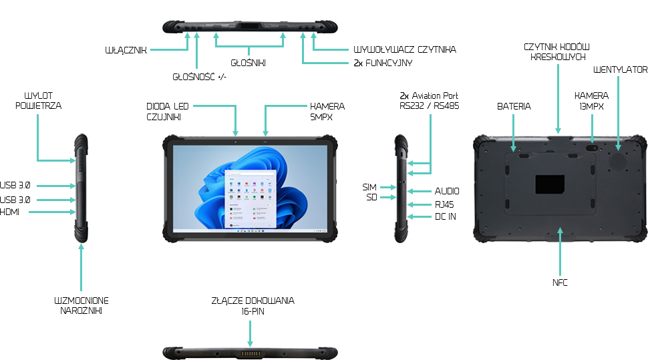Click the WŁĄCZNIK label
point(126,50)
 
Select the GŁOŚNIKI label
point(249,63)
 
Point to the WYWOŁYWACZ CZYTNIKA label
point(405,49)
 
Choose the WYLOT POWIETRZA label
point(39,100)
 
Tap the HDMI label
point(10,212)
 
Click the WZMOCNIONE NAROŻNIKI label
point(81,306)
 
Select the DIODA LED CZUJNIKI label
point(167,112)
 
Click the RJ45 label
point(444,204)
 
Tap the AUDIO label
point(447,191)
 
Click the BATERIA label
point(514,106)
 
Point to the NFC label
point(560,283)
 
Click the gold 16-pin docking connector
point(250,351)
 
